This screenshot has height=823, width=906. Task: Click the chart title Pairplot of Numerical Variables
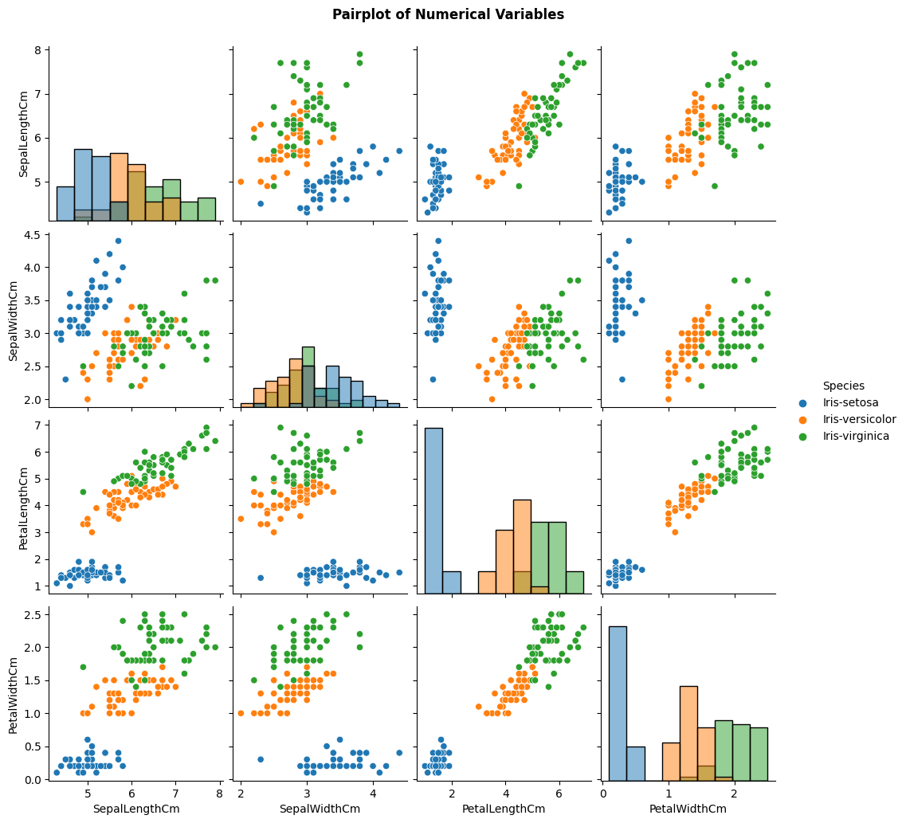448,14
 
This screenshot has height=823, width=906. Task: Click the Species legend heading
844,386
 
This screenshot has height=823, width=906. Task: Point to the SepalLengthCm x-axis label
136,809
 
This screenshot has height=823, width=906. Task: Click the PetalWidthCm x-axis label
688,809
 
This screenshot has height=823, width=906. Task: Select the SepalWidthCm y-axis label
13,321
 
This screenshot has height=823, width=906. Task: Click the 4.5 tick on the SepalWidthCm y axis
33,234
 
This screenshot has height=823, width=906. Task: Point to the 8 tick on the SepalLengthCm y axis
38,49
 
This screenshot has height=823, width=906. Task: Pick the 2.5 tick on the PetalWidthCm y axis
33,614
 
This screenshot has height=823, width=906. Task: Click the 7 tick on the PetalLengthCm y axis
38,425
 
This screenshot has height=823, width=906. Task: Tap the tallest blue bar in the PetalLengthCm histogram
434,511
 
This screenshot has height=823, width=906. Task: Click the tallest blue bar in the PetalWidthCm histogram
618,703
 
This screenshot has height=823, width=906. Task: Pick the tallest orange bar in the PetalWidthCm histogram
688,734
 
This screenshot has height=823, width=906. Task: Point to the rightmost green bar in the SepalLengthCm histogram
207,209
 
